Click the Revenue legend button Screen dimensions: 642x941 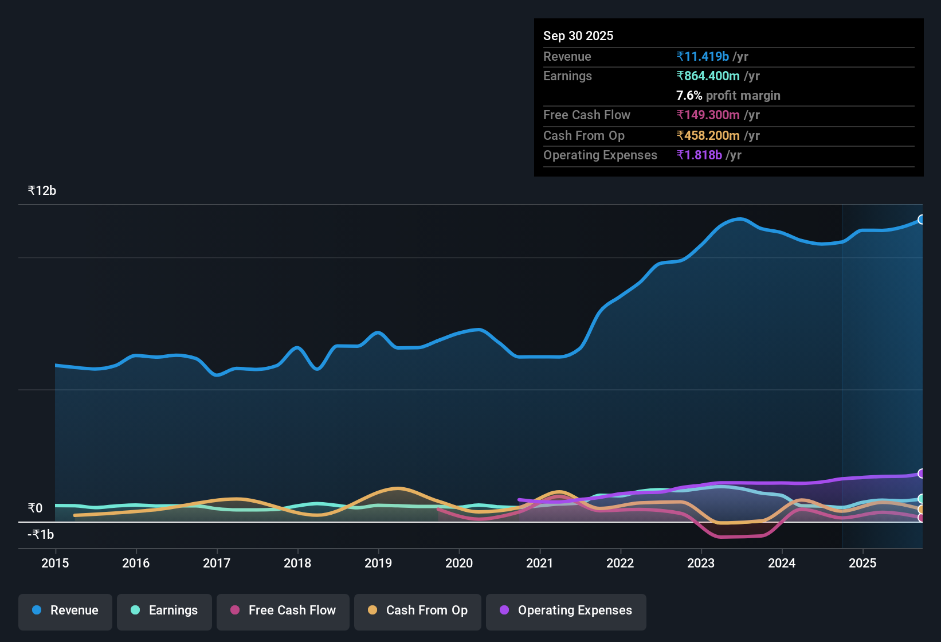coord(65,610)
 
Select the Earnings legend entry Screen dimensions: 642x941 coord(164,610)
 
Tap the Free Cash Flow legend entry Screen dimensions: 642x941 coord(283,610)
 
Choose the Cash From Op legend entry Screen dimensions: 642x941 coord(418,610)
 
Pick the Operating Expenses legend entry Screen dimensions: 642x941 coord(566,610)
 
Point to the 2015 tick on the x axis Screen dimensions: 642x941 coord(55,563)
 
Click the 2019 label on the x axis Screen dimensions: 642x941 coord(378,563)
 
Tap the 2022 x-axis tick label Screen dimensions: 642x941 coord(620,563)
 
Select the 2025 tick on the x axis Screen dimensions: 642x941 coord(862,563)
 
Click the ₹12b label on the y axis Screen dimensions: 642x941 coord(42,191)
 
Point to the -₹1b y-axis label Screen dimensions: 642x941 coord(41,535)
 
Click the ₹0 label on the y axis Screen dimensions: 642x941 coord(36,508)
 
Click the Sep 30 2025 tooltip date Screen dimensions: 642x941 coord(578,36)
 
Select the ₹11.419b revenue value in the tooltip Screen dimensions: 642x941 coord(703,57)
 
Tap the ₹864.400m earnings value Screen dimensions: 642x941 coord(708,76)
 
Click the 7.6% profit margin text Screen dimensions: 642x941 coord(728,96)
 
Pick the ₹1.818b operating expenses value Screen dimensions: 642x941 coord(699,155)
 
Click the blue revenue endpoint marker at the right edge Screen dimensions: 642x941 coord(921,220)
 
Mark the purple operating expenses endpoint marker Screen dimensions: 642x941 coord(921,473)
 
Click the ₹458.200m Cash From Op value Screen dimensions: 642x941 coord(708,136)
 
